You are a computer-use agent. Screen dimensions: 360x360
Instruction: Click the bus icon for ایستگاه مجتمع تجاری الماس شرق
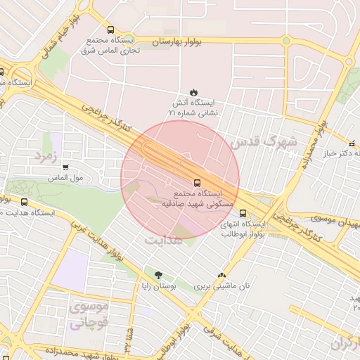pos(110,30)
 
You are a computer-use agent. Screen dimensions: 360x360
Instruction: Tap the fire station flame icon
pos(194,93)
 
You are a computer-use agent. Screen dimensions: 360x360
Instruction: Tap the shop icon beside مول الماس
pos(66,167)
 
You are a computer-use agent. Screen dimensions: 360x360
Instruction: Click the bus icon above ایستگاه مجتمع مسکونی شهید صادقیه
pos(196,181)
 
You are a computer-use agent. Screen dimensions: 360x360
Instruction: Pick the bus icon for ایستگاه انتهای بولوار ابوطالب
pos(243,213)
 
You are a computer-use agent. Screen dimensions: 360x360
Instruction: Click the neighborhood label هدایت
pos(164,240)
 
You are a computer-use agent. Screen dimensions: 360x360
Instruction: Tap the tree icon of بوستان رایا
pos(157,275)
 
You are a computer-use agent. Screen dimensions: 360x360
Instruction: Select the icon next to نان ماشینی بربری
pos(223,275)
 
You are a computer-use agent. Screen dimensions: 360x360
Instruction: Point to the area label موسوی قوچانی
pos(86,316)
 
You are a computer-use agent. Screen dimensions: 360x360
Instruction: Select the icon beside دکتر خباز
pos(351,142)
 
